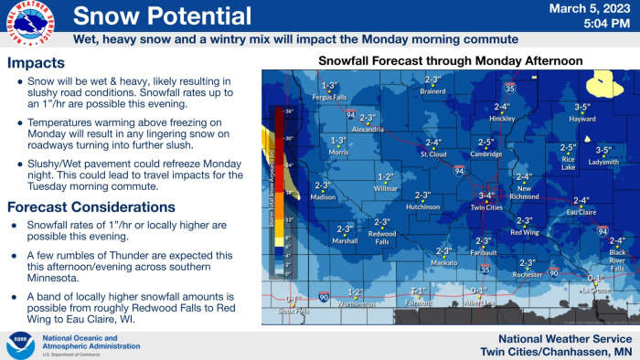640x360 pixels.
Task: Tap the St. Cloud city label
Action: point(432,154)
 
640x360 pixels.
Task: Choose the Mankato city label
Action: point(444,262)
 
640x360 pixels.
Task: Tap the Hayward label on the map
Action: point(582,119)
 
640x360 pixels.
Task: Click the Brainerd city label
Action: point(432,91)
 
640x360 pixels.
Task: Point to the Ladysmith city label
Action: point(603,162)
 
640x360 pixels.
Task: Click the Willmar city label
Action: point(386,188)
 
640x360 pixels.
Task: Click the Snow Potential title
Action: point(162,16)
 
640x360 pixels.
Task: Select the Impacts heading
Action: point(36,64)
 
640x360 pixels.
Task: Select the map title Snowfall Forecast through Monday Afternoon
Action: point(450,60)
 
